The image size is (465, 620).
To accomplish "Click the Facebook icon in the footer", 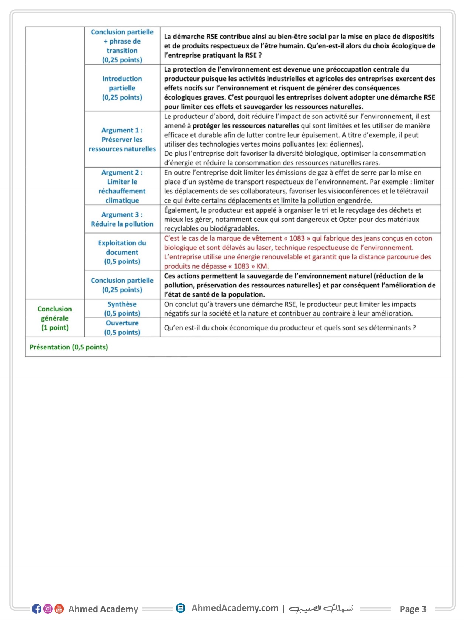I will pyautogui.click(x=37, y=609).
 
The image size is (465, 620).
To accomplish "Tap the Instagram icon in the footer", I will pyautogui.click(x=48, y=609).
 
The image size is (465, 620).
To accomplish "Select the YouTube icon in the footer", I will pyautogui.click(x=59, y=609).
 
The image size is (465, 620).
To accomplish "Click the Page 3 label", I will pyautogui.click(x=413, y=609).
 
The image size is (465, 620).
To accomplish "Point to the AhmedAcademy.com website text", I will pyautogui.click(x=235, y=608).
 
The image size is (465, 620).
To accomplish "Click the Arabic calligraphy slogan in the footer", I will pyautogui.click(x=321, y=608).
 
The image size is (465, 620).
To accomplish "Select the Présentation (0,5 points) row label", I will pyautogui.click(x=69, y=347).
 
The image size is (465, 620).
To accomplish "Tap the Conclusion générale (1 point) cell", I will pyautogui.click(x=55, y=318).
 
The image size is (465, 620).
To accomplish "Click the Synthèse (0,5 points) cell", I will pyautogui.click(x=122, y=309).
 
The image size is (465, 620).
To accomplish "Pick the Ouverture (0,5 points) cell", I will pyautogui.click(x=122, y=328).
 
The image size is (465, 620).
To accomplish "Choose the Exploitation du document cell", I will pyautogui.click(x=122, y=252).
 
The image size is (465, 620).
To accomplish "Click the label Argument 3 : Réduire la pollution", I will pyautogui.click(x=122, y=219).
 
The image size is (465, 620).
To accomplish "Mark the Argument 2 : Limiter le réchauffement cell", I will pyautogui.click(x=122, y=186).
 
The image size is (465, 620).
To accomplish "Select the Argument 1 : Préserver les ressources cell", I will pyautogui.click(x=122, y=139).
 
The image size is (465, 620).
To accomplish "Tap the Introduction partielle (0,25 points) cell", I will pyautogui.click(x=122, y=88).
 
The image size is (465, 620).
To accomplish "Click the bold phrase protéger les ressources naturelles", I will pyautogui.click(x=246, y=126).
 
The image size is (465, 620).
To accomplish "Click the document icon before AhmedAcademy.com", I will pyautogui.click(x=180, y=608).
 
